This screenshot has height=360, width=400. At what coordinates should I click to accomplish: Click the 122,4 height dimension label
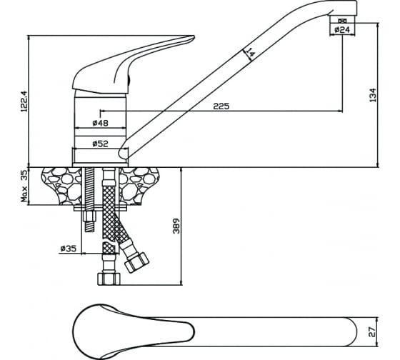pos(24,101)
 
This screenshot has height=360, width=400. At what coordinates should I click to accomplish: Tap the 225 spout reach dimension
pos(221,106)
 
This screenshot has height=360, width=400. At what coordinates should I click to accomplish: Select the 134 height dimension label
pos(373,95)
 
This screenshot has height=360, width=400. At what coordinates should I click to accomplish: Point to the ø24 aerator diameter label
pos(342,30)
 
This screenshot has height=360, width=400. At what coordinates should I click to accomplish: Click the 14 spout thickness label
pos(250,52)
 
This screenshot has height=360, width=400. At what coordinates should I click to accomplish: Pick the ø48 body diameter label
pos(100,123)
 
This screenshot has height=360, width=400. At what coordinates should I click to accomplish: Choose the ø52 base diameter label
pos(100,144)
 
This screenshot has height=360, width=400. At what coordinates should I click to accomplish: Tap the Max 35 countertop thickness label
pos(24,186)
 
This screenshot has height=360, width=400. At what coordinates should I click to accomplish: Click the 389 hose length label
pos(176,226)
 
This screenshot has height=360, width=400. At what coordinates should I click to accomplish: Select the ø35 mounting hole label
pos(69,249)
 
